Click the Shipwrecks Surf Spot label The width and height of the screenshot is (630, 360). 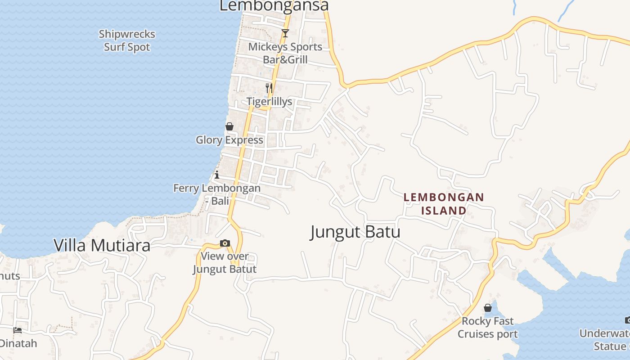click(127, 40)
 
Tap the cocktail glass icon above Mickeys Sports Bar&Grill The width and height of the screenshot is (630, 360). click(285, 33)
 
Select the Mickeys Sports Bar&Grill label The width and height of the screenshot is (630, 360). click(285, 53)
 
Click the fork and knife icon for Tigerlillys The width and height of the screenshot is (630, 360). click(269, 88)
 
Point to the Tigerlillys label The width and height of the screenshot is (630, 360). click(269, 102)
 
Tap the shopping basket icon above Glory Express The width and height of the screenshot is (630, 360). click(229, 126)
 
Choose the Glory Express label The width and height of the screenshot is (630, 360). click(229, 140)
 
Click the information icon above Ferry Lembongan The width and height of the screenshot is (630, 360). click(217, 175)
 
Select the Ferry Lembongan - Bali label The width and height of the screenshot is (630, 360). click(217, 194)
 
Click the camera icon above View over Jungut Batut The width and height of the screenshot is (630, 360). click(225, 243)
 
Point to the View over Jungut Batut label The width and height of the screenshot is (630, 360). click(225, 263)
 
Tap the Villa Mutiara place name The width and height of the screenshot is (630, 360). click(102, 246)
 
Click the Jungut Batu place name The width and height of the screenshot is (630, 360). click(355, 232)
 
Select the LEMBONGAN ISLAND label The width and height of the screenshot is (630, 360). click(444, 204)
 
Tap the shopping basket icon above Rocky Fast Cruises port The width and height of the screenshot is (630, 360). click(488, 308)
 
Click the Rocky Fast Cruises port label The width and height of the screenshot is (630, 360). click(488, 328)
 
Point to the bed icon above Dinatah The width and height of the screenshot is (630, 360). click(18, 330)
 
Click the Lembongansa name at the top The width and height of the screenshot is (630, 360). click(274, 5)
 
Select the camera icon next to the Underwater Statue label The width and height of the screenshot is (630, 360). click(627, 320)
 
